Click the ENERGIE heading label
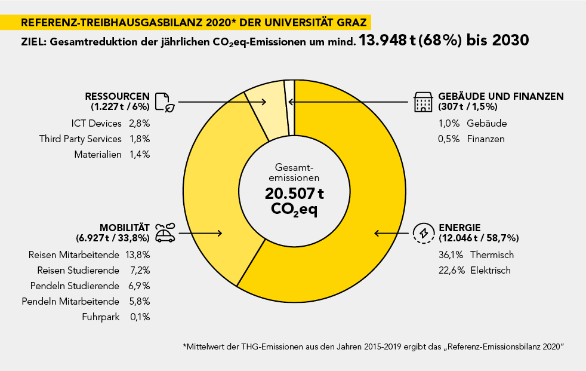(459, 228)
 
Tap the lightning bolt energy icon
(424, 233)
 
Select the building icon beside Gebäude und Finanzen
(423, 102)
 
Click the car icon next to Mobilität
(165, 232)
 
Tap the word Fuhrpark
(102, 317)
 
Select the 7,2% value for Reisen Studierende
(140, 270)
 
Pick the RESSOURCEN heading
(118, 97)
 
